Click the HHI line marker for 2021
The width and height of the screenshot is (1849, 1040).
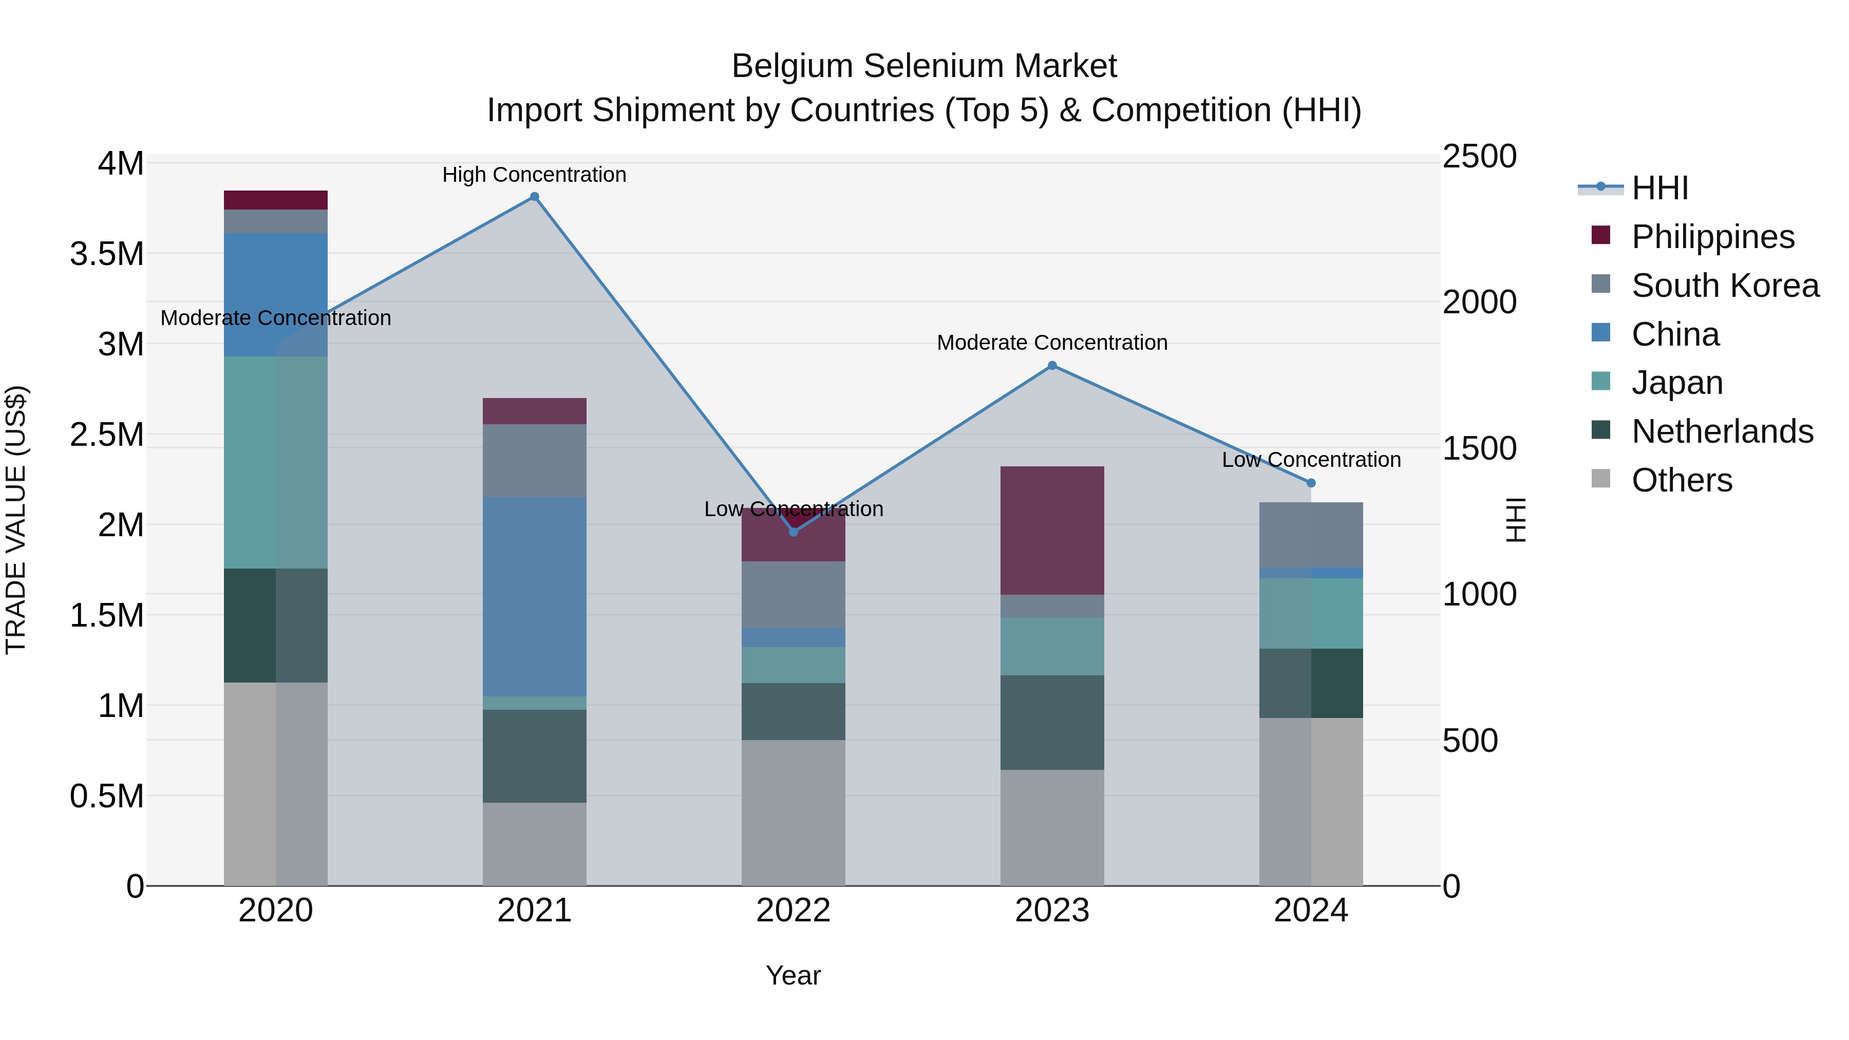534,197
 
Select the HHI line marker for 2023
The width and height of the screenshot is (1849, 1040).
1052,365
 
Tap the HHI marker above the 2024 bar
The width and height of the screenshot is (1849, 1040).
1311,483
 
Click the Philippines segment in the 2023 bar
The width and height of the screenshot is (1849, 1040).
1052,531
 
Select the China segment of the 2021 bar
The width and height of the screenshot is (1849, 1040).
534,596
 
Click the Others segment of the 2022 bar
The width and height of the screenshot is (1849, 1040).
793,812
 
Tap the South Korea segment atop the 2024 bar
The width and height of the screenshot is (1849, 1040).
1311,535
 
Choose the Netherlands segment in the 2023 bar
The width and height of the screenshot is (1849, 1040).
1052,722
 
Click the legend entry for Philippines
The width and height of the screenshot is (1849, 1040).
1712,237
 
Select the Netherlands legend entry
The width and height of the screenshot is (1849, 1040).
1721,431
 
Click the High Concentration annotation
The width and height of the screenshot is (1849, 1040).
534,175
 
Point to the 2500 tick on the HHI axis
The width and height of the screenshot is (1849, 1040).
1479,157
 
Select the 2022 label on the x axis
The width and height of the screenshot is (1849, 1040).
793,911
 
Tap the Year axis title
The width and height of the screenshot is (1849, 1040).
793,975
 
